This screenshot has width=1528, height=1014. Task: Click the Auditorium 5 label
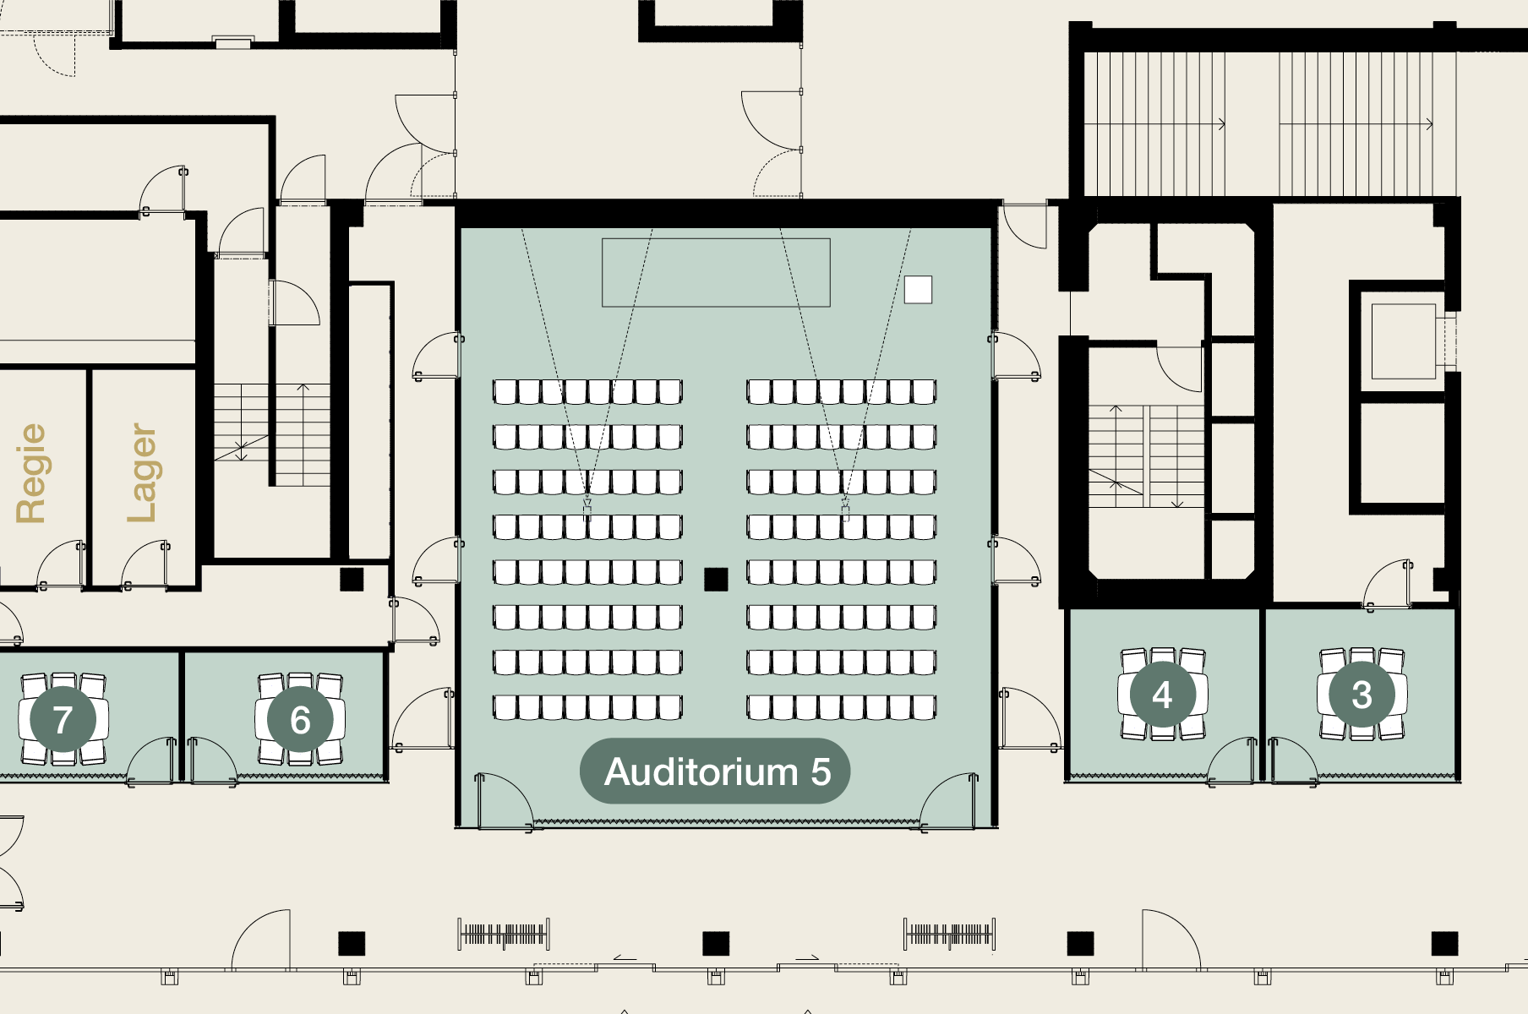pyautogui.click(x=714, y=771)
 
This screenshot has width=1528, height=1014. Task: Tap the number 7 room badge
pyautogui.click(x=63, y=720)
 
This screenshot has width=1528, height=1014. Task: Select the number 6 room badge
pyautogui.click(x=300, y=720)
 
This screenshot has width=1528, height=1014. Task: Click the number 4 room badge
pyautogui.click(x=1162, y=695)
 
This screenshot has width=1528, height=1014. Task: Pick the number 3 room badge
pyautogui.click(x=1362, y=695)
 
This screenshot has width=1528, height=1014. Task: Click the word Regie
pyautogui.click(x=32, y=473)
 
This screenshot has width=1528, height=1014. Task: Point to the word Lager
pyautogui.click(x=142, y=473)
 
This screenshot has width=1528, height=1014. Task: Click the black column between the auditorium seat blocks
pyautogui.click(x=716, y=579)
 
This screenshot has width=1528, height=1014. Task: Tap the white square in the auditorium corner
pyautogui.click(x=918, y=289)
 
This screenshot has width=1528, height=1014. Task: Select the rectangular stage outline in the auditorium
pyautogui.click(x=716, y=272)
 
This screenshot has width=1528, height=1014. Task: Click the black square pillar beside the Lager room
pyautogui.click(x=352, y=579)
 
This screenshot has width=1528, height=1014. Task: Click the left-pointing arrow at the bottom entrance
pyautogui.click(x=625, y=957)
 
